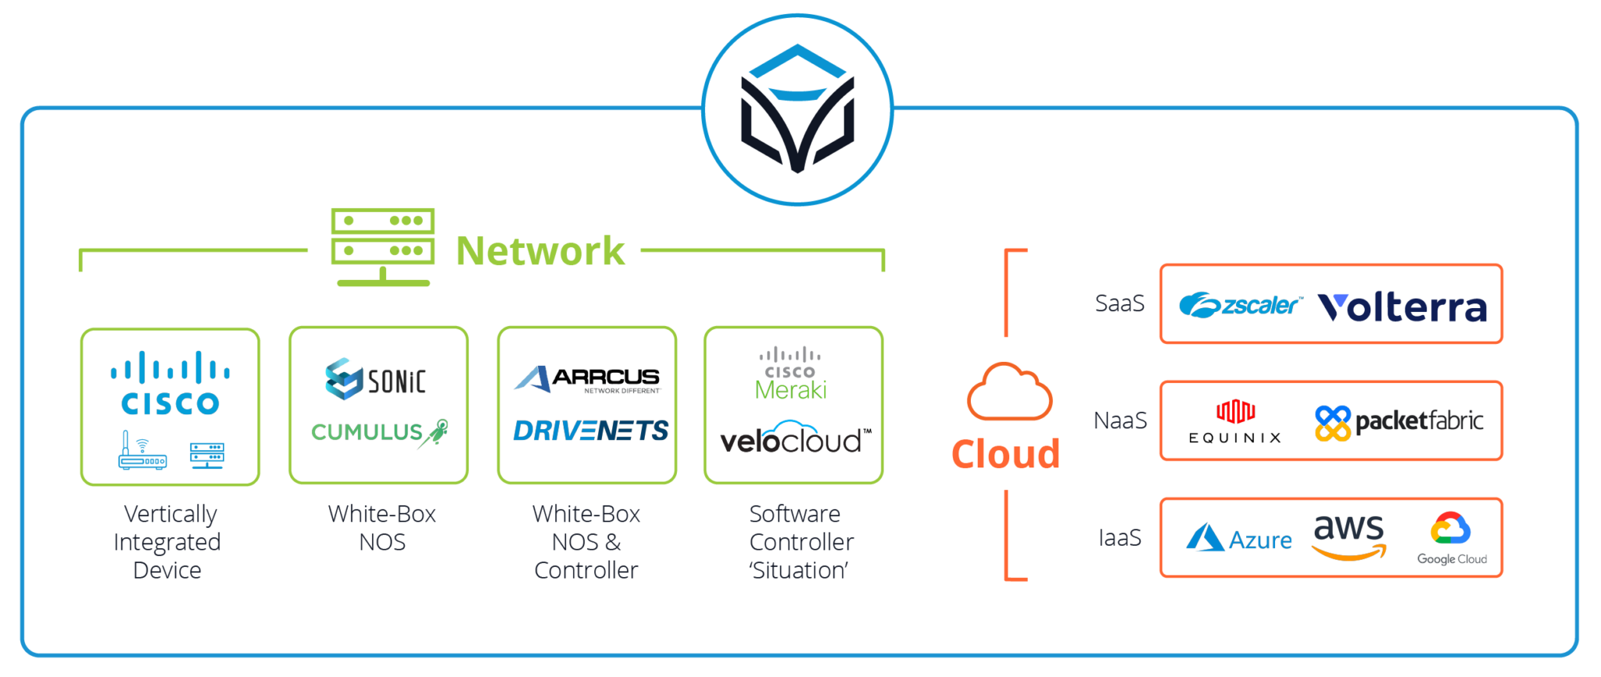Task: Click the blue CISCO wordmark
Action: coord(170,404)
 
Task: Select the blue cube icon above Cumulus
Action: coord(343,378)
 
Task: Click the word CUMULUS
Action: coord(367,432)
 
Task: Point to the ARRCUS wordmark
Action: coord(606,376)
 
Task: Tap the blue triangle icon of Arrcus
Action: coord(532,378)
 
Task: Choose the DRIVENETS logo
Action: coord(592,431)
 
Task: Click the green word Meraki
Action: coord(790,389)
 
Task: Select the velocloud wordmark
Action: coord(790,442)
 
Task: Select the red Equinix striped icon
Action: coord(1235,411)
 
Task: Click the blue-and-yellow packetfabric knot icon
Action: coord(1332,423)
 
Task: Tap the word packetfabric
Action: coord(1419,422)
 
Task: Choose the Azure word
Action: coord(1260,539)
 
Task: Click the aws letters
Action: coord(1348,528)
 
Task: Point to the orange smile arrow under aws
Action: coord(1349,553)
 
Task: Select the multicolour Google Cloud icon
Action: coord(1451,528)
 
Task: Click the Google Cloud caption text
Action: coord(1452,559)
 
